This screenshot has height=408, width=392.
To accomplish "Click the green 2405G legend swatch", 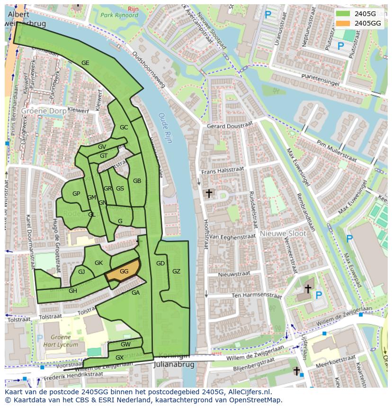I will [x=343, y=14].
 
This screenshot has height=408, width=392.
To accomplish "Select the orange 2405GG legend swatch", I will [x=343, y=23].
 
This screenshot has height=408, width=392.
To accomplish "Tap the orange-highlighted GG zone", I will [x=124, y=272].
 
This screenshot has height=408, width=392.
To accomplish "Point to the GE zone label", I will [x=85, y=63].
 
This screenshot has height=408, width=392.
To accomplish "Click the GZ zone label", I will [x=176, y=272].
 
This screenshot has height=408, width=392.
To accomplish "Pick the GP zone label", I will [x=76, y=193].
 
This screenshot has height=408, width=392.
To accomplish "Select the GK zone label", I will [x=98, y=263].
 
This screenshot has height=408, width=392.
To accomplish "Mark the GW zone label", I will [x=125, y=344].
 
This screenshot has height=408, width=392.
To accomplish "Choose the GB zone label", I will [x=137, y=181].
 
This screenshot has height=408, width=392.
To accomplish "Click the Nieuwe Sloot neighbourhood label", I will [x=283, y=234].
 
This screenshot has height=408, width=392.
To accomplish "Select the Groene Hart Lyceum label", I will [x=58, y=341].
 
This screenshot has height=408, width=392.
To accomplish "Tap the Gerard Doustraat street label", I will [x=230, y=126].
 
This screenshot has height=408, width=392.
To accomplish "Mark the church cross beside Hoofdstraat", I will [x=208, y=193].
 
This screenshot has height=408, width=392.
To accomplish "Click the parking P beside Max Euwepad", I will [x=349, y=239].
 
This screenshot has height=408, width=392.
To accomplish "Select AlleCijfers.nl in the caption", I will [x=249, y=392].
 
